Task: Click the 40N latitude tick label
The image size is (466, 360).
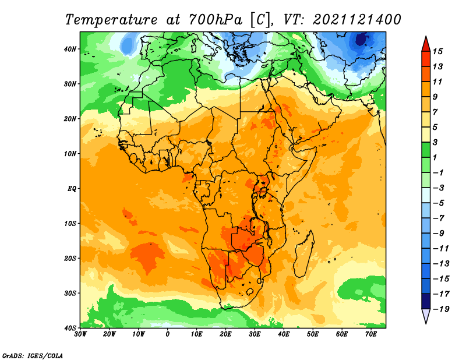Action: coord(70,49)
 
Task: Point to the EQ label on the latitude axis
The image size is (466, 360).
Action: coord(72,189)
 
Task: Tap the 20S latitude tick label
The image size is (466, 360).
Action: coord(70,258)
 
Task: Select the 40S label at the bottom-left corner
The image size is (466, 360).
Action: coord(70,328)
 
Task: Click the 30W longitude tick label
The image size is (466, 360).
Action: coord(80,334)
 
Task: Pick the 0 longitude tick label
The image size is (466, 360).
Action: coord(168,334)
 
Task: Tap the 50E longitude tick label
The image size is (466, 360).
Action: coord(313,334)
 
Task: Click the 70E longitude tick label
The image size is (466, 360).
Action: coord(371,334)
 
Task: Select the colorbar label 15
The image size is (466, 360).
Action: coord(437,51)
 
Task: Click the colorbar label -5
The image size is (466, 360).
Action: coord(439,203)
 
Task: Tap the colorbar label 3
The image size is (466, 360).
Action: coord(435,142)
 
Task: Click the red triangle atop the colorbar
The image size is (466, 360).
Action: coord(426,44)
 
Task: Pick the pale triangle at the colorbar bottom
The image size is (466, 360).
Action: coord(426,316)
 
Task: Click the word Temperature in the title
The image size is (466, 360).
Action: coord(111,20)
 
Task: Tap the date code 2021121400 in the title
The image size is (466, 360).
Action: coord(357,20)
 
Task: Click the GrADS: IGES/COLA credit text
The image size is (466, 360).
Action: coord(33,355)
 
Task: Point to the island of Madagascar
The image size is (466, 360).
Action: coord(304,253)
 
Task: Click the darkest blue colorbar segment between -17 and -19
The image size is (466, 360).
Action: coord(426,301)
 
